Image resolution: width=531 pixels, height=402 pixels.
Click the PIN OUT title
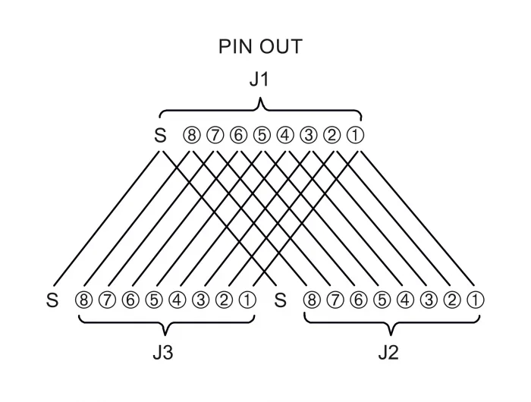(260, 46)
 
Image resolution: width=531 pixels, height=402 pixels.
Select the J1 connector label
(259, 79)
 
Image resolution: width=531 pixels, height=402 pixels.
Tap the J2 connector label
(388, 353)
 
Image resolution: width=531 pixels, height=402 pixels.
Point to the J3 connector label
(163, 353)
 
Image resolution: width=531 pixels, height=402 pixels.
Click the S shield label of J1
(160, 136)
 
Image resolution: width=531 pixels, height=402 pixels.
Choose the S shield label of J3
(52, 300)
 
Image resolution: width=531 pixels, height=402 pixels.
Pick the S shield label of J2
(280, 300)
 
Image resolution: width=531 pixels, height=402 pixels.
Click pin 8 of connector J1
(192, 136)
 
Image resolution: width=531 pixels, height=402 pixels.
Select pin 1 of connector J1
(355, 136)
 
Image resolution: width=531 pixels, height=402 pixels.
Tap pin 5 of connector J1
(262, 136)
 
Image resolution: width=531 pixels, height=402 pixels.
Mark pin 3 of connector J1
(309, 136)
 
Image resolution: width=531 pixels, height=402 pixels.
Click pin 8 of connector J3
(83, 300)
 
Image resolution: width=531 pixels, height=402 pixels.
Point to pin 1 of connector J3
(247, 300)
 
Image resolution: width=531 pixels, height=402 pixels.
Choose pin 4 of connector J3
(178, 300)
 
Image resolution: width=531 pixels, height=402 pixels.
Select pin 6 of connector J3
(130, 300)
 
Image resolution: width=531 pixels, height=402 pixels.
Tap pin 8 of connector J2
(312, 300)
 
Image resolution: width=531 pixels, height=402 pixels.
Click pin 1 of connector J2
(476, 300)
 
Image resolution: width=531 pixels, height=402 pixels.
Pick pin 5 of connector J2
(382, 300)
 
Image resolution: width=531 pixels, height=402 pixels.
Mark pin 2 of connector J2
(452, 300)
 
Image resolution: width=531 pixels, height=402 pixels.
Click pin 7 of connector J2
(335, 300)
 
